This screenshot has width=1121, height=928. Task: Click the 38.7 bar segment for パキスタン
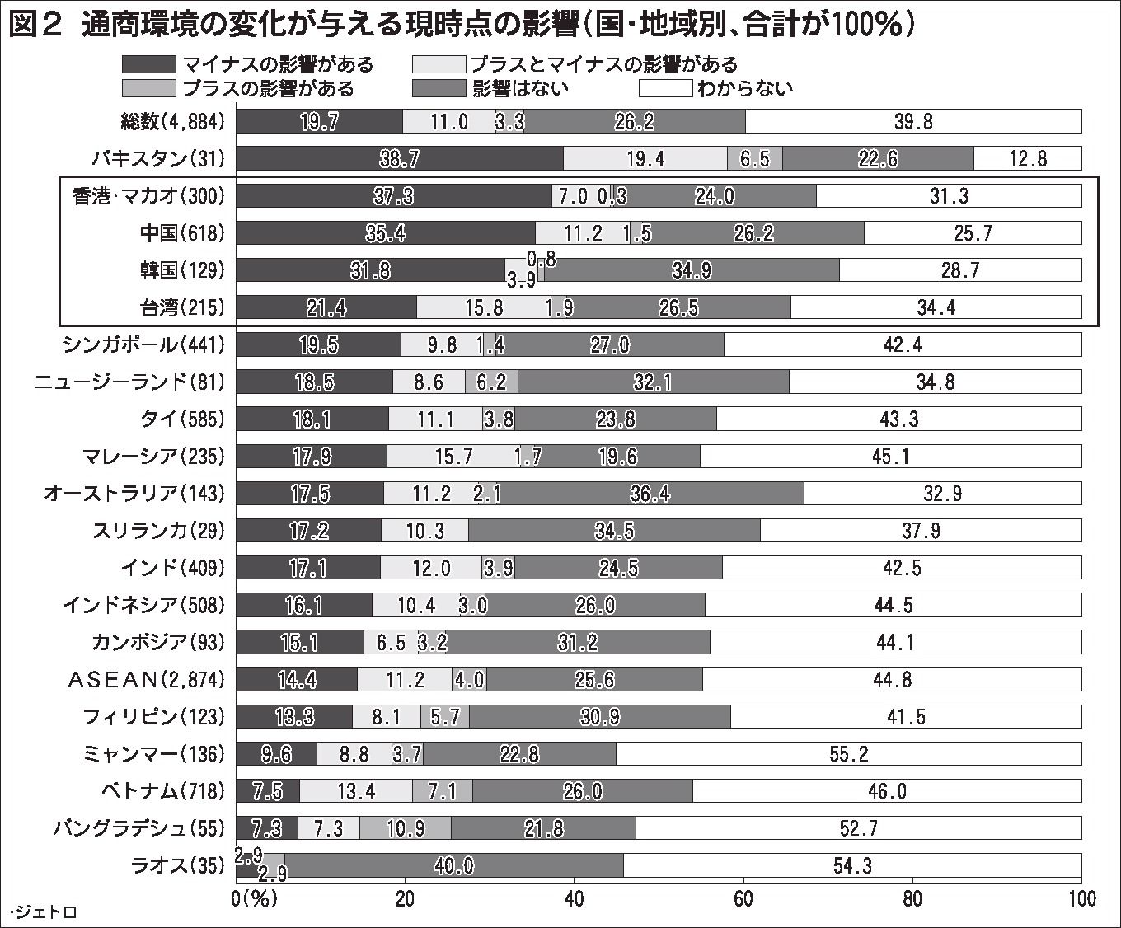400,158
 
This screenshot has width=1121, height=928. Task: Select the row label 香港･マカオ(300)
148,196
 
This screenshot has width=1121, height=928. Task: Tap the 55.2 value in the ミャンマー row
848,753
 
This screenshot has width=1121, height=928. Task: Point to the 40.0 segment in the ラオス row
453,865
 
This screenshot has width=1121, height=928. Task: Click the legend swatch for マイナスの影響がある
148,64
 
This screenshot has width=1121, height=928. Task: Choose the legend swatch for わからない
665,88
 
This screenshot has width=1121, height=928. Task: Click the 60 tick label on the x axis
743,898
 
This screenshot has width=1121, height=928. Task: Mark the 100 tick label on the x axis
1081,898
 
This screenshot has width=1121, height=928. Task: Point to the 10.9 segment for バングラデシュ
405,828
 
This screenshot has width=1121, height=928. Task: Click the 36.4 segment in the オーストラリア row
650,494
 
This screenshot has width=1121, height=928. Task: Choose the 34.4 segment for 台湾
936,307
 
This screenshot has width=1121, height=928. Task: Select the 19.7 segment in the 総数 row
319,121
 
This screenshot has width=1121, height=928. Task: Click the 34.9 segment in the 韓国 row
692,270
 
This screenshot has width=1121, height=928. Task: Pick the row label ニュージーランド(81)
129,382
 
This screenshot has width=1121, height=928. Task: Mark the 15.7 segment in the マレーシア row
453,456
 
